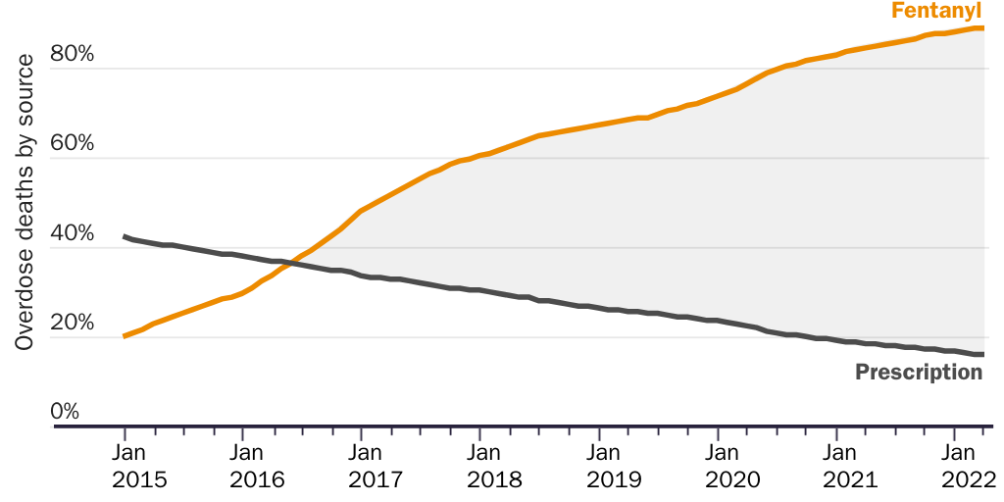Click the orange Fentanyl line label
click(x=936, y=12)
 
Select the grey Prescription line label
click(x=919, y=373)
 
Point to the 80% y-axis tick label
click(x=73, y=54)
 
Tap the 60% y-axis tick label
click(x=73, y=144)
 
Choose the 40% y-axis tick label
click(x=73, y=234)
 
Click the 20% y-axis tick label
click(x=73, y=324)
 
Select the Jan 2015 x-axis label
click(x=139, y=467)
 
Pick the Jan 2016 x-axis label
click(x=257, y=467)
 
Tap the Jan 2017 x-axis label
click(x=376, y=467)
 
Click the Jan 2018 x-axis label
click(x=495, y=467)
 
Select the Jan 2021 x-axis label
click(x=851, y=467)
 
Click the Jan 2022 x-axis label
click(x=969, y=467)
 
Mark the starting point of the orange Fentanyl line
click(x=125, y=336)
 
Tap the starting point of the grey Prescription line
click(x=125, y=236)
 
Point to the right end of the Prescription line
click(x=982, y=354)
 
